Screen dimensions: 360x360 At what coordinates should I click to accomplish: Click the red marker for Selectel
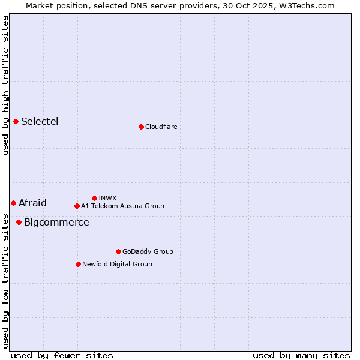(x=16, y=122)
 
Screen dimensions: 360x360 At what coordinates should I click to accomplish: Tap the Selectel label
(x=40, y=122)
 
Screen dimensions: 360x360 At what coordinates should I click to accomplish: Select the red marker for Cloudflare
(x=141, y=127)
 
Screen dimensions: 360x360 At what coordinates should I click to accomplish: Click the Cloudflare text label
(x=161, y=127)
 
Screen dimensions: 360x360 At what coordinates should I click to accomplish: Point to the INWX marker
(x=94, y=198)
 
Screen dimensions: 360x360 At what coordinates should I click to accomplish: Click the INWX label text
(x=107, y=198)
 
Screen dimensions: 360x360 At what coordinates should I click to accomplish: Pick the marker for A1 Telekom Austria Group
(x=77, y=206)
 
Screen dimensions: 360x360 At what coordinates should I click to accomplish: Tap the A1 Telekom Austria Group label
(x=122, y=206)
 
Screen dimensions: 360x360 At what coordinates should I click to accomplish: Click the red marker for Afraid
(x=13, y=203)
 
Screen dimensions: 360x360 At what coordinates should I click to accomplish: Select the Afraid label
(x=32, y=203)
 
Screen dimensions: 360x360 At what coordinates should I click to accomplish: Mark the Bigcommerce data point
(x=19, y=222)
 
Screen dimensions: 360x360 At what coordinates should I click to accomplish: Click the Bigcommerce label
(x=56, y=223)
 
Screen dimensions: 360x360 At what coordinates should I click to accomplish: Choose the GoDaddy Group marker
(x=118, y=251)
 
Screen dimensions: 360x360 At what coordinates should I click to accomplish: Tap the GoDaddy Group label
(x=147, y=251)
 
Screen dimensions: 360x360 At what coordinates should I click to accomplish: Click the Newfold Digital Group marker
(x=78, y=264)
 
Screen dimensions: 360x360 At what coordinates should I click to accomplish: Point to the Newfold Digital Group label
(x=117, y=264)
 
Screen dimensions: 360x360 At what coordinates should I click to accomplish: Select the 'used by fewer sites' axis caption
(x=62, y=356)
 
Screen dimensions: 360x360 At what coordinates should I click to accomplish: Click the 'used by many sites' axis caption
(x=301, y=356)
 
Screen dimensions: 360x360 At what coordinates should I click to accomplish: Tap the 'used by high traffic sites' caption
(x=5, y=86)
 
